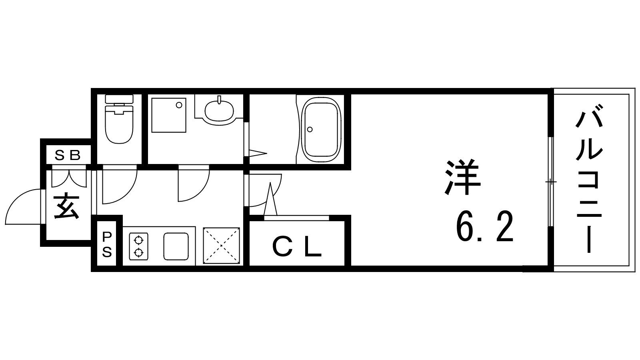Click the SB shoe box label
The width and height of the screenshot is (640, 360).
tap(68, 155)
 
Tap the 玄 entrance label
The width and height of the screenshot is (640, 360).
tap(66, 206)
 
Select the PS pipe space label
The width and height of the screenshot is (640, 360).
tap(107, 244)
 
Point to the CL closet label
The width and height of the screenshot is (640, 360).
tap(297, 247)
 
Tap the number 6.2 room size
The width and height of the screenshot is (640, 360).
tap(484, 227)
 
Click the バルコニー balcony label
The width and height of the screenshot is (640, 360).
tap(589, 179)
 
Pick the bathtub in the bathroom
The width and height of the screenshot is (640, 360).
tap(322, 130)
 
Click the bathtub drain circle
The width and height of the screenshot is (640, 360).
tap(310, 130)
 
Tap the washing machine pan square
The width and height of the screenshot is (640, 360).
tap(169, 115)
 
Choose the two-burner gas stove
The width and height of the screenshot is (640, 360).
tap(138, 246)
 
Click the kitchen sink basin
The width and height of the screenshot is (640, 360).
tap(176, 246)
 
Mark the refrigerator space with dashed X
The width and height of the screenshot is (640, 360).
tap(222, 246)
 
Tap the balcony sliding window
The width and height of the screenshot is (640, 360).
tap(551, 182)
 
